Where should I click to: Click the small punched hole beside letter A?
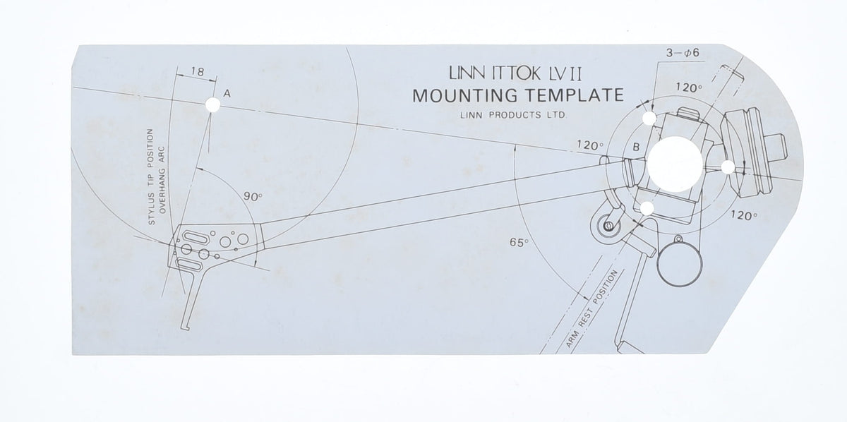[x=212, y=105]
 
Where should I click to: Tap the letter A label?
[x=227, y=93]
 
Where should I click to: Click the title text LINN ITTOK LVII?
[x=516, y=73]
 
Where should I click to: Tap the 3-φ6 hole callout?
[x=681, y=53]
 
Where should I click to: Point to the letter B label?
[x=636, y=147]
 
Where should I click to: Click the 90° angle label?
[x=253, y=198]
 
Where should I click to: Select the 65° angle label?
[x=519, y=242]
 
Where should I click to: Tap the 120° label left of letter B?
[x=590, y=145]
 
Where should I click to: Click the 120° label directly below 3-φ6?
[x=689, y=88]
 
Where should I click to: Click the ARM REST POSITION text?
[x=592, y=311]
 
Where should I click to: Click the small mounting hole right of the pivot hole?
[x=727, y=167]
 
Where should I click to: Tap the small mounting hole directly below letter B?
[x=646, y=207]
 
